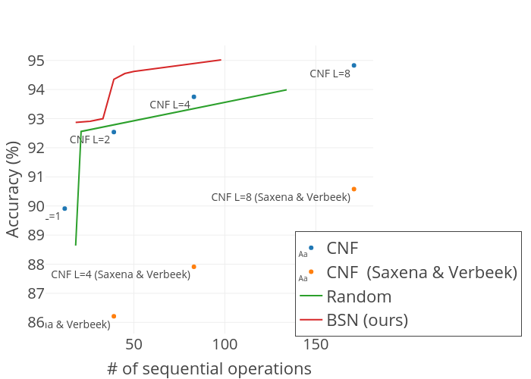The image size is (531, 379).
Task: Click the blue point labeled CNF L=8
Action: click(353, 65)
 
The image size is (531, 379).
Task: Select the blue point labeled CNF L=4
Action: click(193, 97)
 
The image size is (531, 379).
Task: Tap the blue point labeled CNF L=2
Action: click(114, 132)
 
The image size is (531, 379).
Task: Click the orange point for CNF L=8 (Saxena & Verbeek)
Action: click(353, 189)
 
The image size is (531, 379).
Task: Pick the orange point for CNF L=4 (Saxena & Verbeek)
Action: click(193, 267)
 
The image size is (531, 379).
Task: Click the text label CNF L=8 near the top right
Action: click(330, 74)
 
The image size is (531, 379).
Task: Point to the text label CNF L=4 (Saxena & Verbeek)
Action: click(121, 274)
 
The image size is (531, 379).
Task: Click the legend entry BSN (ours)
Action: click(367, 320)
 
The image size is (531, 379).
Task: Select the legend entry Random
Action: click(359, 296)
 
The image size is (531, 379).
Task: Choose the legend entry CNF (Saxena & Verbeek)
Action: click(422, 271)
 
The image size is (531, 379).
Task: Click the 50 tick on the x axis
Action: click(134, 345)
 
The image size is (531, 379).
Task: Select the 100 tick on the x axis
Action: click(225, 345)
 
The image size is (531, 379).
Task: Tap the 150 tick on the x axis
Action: click(316, 345)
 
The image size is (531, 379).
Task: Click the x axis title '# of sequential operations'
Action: click(209, 368)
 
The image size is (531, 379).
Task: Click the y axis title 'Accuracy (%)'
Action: click(13, 189)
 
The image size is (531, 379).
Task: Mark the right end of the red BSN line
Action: click(221, 59)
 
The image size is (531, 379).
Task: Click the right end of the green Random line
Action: click(287, 89)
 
